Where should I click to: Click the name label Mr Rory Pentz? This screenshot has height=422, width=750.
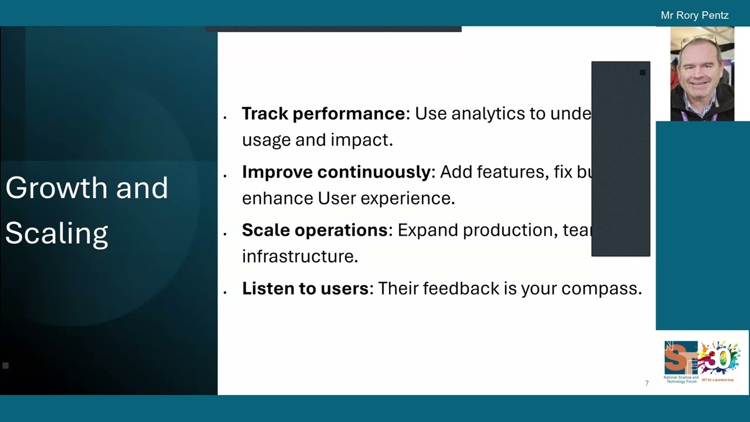point(694,15)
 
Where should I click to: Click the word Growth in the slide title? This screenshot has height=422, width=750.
point(56,188)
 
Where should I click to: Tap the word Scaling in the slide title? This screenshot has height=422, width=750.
point(56,233)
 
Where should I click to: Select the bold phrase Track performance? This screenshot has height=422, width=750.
point(323,113)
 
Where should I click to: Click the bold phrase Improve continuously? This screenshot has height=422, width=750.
point(336,172)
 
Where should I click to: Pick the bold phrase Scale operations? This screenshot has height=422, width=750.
point(315,230)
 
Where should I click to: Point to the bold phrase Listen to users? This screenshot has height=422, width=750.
point(305,288)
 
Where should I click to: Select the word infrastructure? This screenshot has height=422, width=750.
point(299,256)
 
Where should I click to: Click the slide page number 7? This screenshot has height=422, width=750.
point(646,383)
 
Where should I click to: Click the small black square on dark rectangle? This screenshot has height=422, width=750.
point(642,73)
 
